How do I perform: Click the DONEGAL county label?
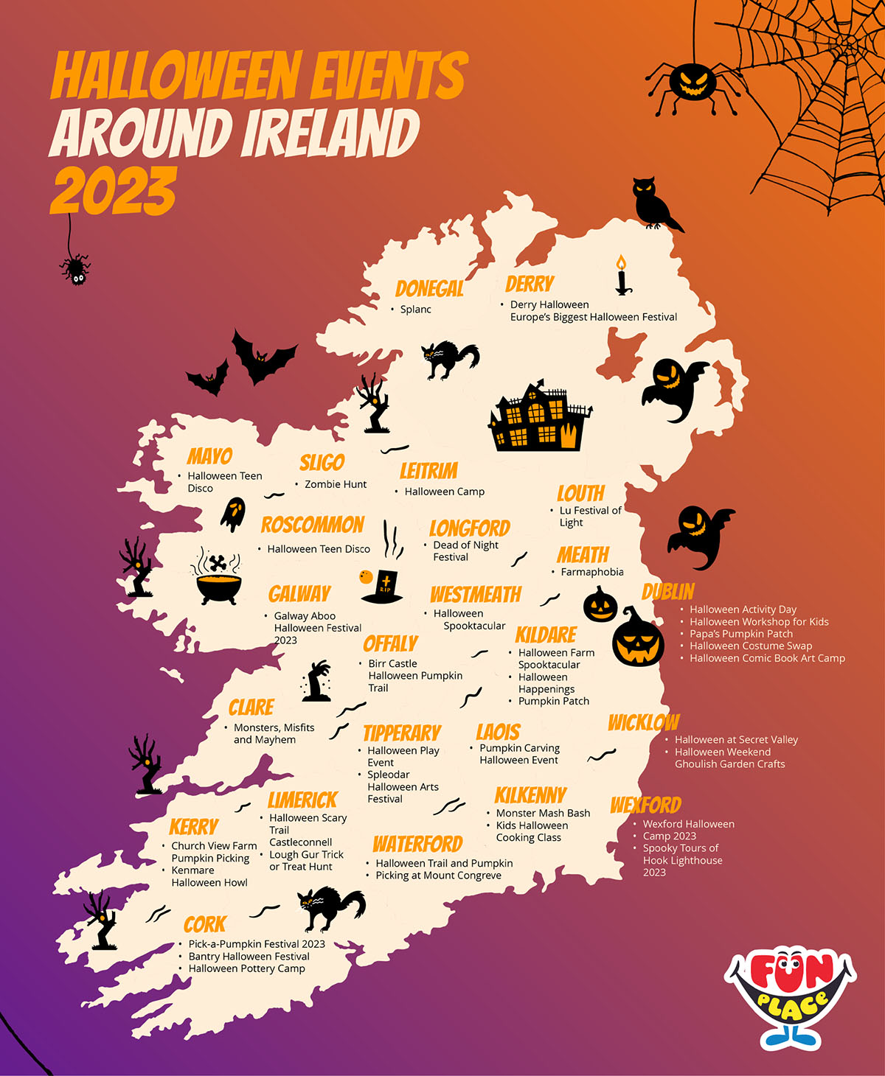click(429, 288)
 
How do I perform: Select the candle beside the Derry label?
click(622, 276)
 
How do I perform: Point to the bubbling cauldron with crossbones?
click(218, 577)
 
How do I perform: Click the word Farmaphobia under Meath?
click(591, 572)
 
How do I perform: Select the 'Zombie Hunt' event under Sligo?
click(336, 484)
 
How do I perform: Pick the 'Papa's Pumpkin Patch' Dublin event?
click(740, 634)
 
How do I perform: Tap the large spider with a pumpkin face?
click(692, 82)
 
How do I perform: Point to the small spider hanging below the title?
click(75, 268)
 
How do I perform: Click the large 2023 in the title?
click(114, 191)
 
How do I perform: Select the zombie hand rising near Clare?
click(317, 681)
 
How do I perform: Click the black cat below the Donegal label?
click(449, 359)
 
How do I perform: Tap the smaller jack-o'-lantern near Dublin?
click(600, 605)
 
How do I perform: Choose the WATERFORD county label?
click(417, 844)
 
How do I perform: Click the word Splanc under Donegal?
click(415, 310)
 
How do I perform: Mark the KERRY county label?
click(193, 827)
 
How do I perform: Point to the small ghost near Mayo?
click(233, 514)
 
